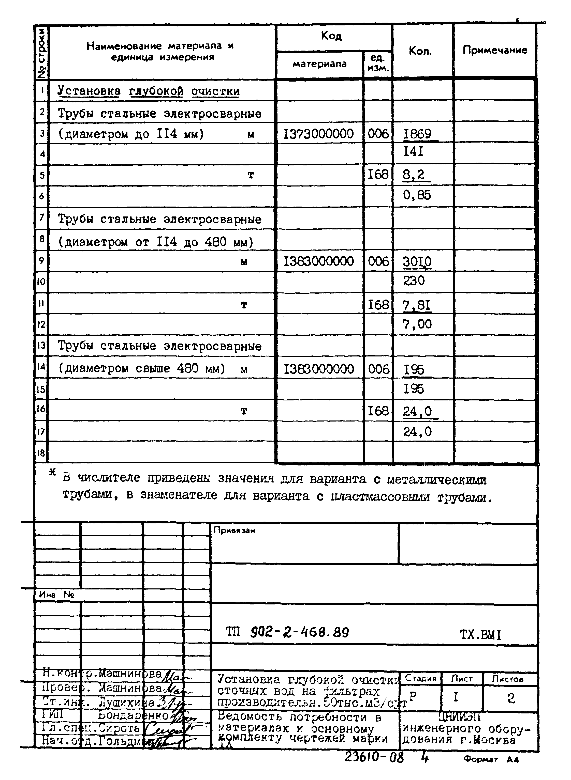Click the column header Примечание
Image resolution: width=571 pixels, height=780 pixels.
[495, 50]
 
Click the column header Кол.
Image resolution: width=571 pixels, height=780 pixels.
[420, 51]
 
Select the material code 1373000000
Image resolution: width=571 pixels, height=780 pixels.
[319, 134]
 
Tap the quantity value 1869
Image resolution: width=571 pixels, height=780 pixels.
[417, 134]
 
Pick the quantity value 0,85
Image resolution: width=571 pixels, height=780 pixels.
[417, 195]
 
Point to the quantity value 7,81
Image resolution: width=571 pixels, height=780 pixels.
[417, 305]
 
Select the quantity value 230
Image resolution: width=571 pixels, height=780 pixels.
[414, 281]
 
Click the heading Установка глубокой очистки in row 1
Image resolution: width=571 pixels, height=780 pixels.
[149, 91]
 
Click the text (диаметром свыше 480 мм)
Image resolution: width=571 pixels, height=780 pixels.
[142, 368]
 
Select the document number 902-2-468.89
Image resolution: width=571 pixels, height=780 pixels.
[299, 632]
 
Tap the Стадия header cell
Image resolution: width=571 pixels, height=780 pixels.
[420, 678]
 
